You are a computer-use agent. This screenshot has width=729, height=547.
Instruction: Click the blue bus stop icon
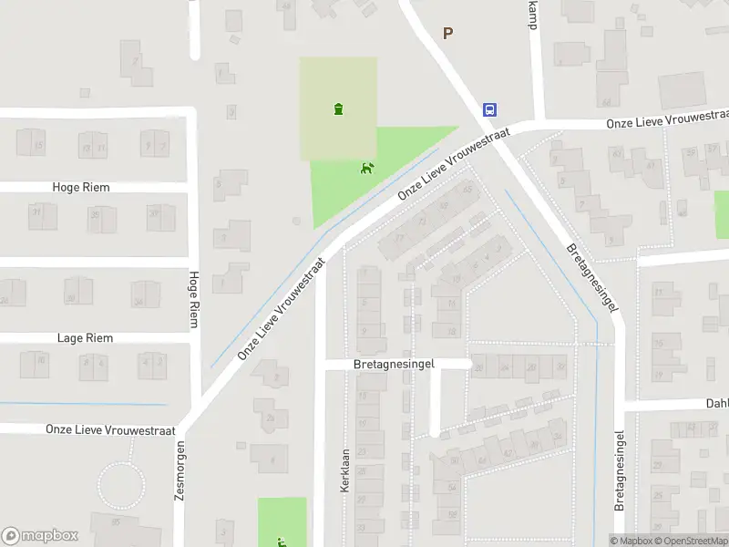pyautogui.click(x=490, y=109)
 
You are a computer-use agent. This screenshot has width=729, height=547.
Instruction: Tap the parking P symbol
pyautogui.click(x=447, y=33)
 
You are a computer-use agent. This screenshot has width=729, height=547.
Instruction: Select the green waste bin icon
pyautogui.click(x=339, y=109)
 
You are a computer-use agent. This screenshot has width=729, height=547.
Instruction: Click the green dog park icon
pyautogui.click(x=367, y=168)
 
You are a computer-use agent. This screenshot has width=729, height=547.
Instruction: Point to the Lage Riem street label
pyautogui.click(x=85, y=338)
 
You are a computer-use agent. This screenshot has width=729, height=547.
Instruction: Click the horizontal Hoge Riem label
pyautogui.click(x=81, y=187)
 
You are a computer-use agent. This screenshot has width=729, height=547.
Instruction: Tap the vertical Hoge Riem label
pyautogui.click(x=193, y=299)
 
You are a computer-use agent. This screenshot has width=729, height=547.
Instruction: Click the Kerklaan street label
pyautogui.click(x=345, y=470)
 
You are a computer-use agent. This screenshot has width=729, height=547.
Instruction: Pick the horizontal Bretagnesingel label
pyautogui.click(x=395, y=364)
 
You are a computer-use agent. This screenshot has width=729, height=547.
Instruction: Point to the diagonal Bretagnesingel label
pyautogui.click(x=591, y=277)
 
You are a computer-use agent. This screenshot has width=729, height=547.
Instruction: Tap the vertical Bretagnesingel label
pyautogui.click(x=620, y=470)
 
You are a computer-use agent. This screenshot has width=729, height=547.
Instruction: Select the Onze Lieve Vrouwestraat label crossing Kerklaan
pyautogui.click(x=282, y=306)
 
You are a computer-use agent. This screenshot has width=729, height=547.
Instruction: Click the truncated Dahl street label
pyautogui.click(x=716, y=403)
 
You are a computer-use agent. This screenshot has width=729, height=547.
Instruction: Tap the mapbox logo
pyautogui.click(x=40, y=536)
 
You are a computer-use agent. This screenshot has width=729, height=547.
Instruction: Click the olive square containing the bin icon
pyautogui.click(x=339, y=91)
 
